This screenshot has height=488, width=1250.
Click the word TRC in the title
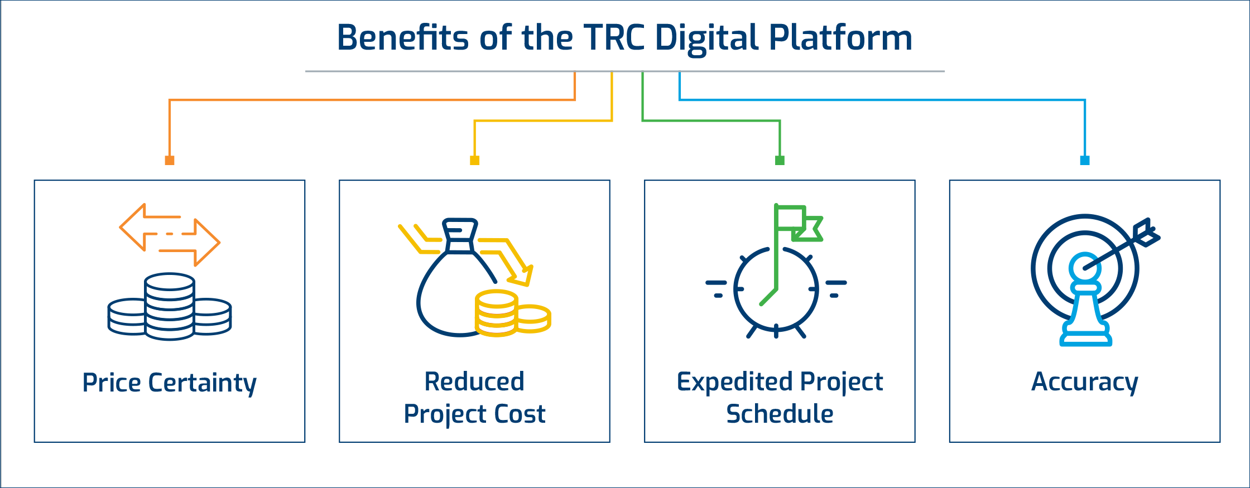[x=614, y=38]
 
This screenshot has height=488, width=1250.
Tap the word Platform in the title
[x=840, y=38]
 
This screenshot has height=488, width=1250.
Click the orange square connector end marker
[x=170, y=161]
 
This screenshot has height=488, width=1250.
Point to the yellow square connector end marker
[x=474, y=161]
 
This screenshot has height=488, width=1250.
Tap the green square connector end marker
[x=780, y=161]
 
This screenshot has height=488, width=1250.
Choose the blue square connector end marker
[x=1085, y=161]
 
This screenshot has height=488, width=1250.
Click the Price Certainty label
[x=170, y=383]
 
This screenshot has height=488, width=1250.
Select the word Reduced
[x=474, y=381]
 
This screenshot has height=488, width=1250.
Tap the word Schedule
[x=780, y=414]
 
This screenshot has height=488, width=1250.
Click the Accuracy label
[x=1085, y=383]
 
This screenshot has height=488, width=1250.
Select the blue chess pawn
[x=1085, y=299]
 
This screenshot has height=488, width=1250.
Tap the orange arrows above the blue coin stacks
[x=170, y=235]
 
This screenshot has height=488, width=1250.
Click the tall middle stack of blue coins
[x=170, y=306]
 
